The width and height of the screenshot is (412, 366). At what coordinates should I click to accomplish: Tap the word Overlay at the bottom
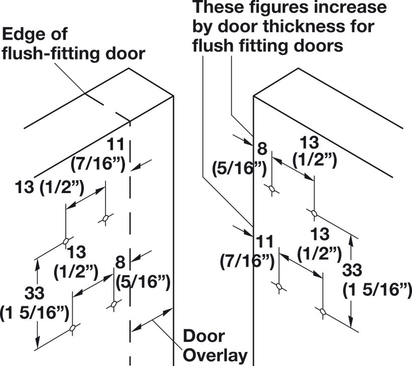click(215, 355)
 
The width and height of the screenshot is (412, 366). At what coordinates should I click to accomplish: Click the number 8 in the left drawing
click(120, 262)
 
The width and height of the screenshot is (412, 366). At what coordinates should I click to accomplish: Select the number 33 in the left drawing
click(35, 293)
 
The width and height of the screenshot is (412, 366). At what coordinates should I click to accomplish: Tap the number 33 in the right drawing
click(352, 270)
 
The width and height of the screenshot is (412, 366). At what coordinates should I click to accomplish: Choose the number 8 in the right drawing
click(262, 148)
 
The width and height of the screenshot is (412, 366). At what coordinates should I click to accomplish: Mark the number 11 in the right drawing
click(264, 242)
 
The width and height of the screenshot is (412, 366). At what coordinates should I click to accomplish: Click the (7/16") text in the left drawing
click(98, 164)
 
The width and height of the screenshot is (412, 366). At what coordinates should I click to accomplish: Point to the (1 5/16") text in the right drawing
click(377, 290)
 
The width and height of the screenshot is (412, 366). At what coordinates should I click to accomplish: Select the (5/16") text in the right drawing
click(240, 168)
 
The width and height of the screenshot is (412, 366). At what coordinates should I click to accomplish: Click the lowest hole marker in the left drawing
click(73, 328)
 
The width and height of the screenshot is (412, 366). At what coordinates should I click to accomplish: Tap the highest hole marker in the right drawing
click(272, 189)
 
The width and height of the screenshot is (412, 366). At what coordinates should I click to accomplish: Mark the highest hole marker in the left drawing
click(105, 218)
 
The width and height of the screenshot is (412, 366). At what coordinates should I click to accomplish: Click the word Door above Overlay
click(204, 336)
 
